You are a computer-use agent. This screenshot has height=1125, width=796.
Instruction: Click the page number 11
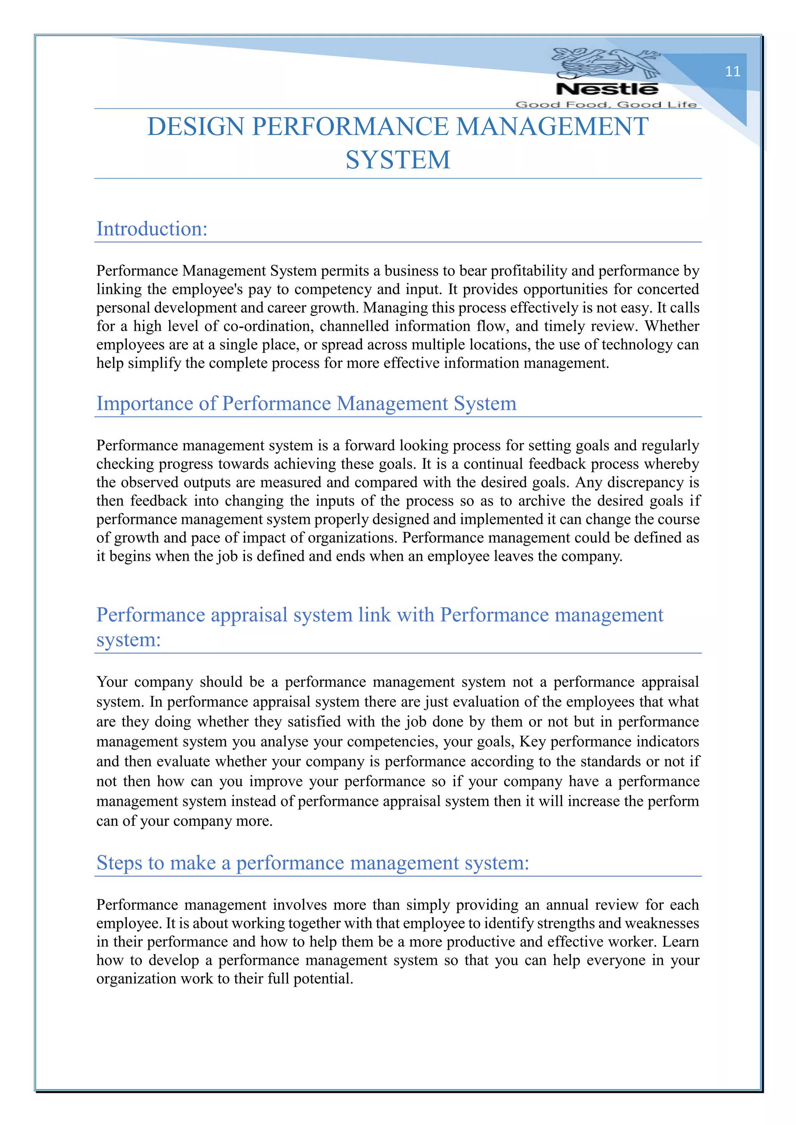pos(732,71)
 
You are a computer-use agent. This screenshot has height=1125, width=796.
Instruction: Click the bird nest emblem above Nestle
pos(606,63)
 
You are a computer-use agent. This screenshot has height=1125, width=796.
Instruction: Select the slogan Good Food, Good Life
pos(606,104)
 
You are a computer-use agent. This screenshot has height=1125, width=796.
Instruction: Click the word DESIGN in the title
pos(196,127)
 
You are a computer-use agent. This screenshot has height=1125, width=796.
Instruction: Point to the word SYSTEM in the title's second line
pos(398,160)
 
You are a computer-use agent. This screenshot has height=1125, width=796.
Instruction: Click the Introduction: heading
pos(152,229)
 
